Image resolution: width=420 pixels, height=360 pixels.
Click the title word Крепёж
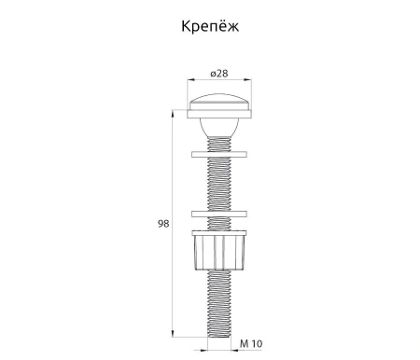[209, 26]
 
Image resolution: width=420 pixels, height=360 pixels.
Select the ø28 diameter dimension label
[221, 74]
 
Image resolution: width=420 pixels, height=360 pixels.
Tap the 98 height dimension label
[164, 224]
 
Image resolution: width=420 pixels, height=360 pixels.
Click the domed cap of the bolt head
[221, 101]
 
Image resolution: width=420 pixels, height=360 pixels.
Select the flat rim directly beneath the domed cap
[221, 113]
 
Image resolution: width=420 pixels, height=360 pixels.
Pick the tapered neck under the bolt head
[221, 126]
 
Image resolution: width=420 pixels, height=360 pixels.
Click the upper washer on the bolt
[221, 154]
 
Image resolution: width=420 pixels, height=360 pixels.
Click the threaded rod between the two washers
[221, 184]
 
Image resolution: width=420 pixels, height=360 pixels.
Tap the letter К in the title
[183, 26]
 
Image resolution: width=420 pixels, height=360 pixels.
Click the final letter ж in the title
[233, 26]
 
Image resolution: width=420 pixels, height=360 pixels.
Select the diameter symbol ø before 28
[213, 74]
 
